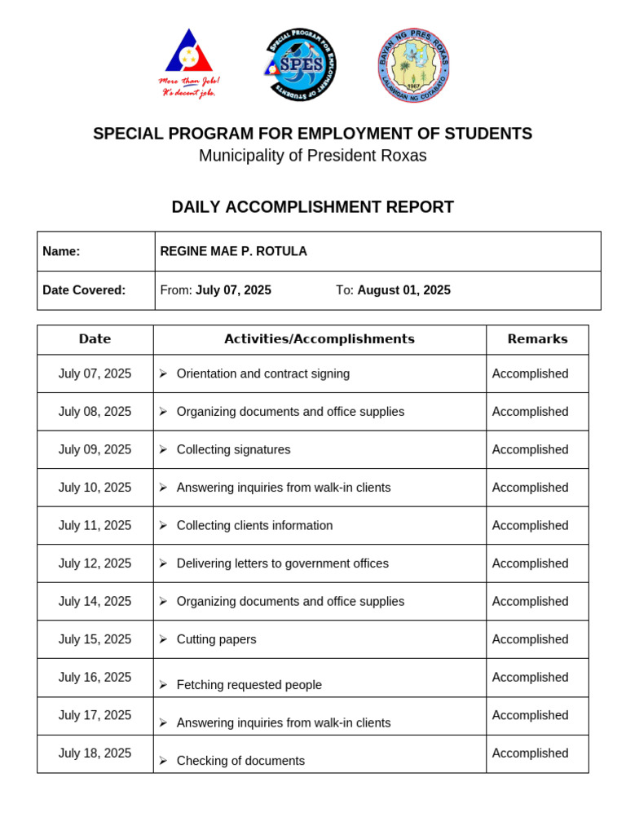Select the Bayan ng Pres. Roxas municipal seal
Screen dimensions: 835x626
pos(413,65)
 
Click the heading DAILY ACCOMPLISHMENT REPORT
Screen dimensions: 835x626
pos(312,207)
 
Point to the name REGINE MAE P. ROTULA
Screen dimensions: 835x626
pos(233,251)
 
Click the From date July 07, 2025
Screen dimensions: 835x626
pos(233,290)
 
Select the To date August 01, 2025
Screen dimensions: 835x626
pos(403,290)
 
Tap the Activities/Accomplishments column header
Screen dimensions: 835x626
pos(320,339)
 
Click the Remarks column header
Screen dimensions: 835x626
pos(537,339)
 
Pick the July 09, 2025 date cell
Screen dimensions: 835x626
pos(95,449)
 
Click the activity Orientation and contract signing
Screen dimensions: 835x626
pos(262,373)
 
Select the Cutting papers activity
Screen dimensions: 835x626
pos(216,639)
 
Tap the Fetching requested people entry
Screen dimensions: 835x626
pos(249,685)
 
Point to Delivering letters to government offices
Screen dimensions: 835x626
pos(282,563)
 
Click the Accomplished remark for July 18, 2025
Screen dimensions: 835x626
pos(530,753)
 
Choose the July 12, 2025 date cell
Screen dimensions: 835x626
pos(95,563)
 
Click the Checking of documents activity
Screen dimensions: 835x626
pos(240,761)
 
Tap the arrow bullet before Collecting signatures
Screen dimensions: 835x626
pos(163,449)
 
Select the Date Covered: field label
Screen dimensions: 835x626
pos(84,290)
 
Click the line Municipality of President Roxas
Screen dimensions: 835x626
pos(312,156)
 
